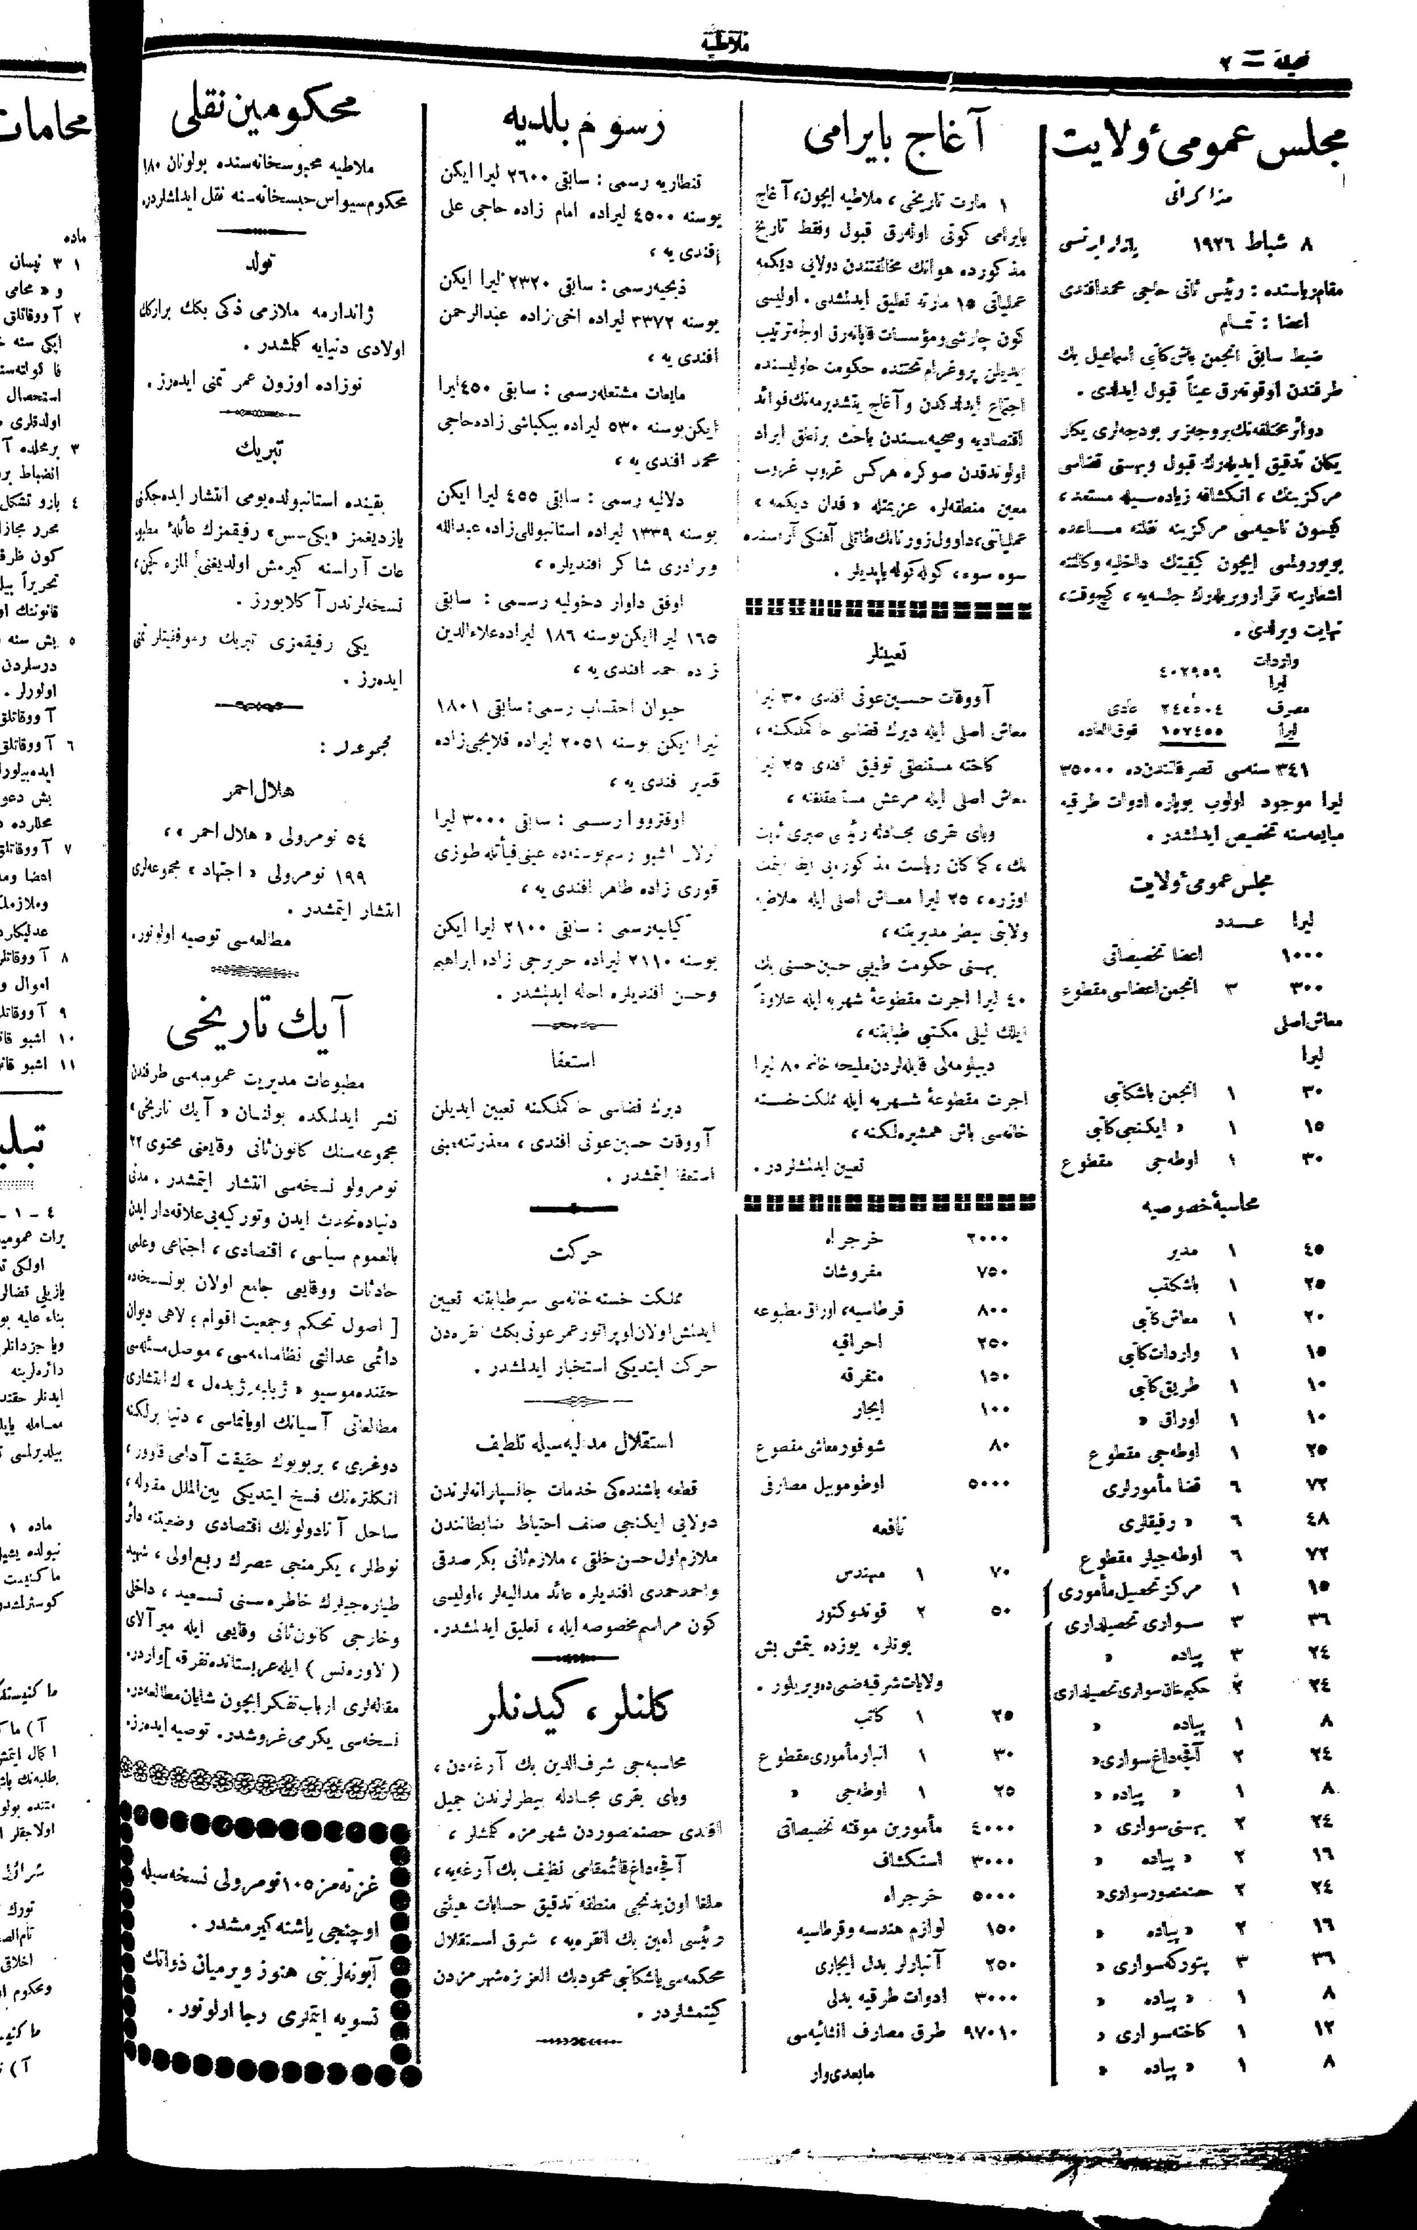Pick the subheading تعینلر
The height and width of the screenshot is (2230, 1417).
coord(886,653)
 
